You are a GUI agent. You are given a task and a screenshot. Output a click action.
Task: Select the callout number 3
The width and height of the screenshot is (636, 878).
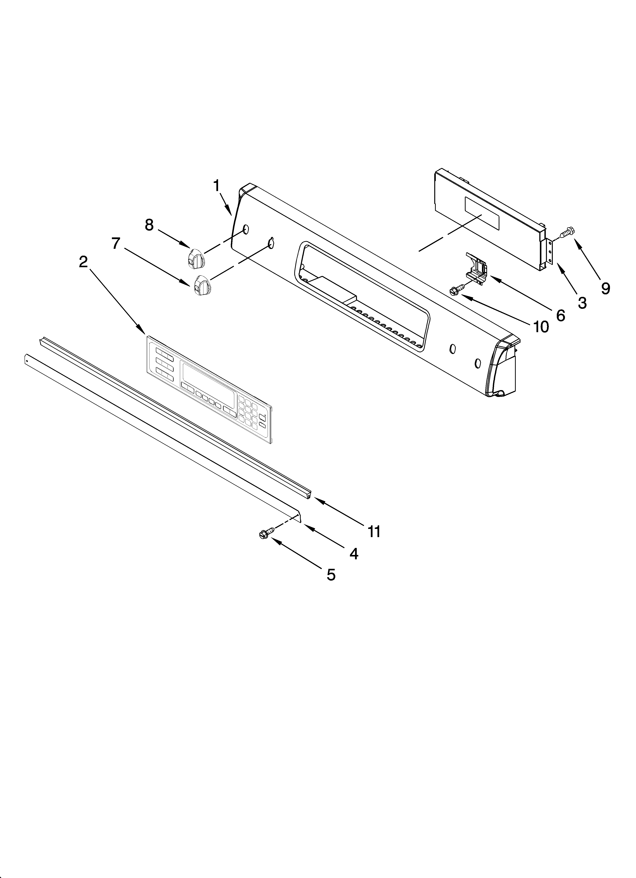click(x=582, y=303)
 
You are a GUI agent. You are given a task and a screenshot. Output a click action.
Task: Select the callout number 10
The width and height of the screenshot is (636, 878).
click(x=541, y=327)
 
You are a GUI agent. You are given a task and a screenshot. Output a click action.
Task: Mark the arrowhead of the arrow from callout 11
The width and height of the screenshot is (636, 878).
click(x=316, y=499)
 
